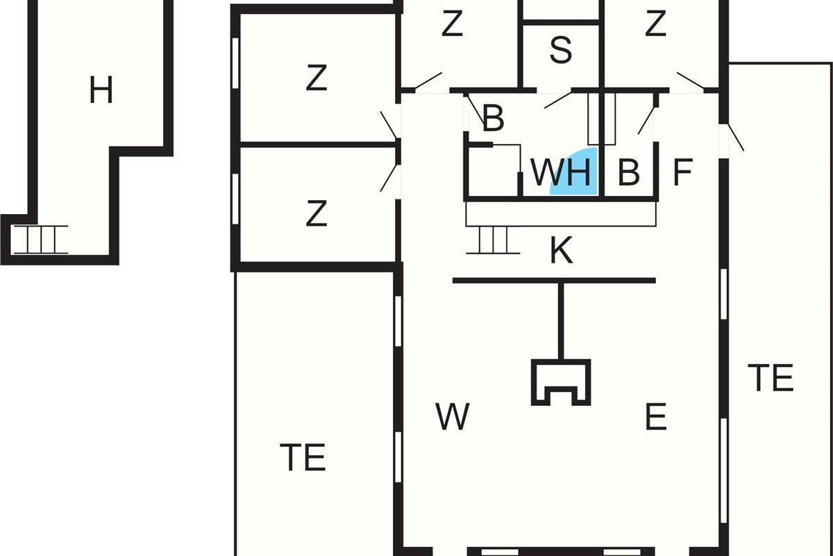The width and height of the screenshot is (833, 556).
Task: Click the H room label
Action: point(101,90)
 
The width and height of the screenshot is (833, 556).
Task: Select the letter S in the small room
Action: point(560,50)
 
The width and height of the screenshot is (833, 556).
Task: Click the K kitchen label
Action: point(561,251)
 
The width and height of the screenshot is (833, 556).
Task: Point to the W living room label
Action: point(453,417)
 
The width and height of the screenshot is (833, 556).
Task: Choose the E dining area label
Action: point(655,417)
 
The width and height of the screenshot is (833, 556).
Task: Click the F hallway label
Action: point(683,173)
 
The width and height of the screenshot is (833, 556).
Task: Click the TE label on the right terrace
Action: point(771,378)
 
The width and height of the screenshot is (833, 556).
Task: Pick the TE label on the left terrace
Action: point(303,458)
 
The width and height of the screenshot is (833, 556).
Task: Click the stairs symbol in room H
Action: point(40,240)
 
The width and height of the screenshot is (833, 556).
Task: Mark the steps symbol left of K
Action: point(493,240)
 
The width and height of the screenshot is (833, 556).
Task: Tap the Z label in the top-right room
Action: point(655,24)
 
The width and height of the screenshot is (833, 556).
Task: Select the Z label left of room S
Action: point(452,25)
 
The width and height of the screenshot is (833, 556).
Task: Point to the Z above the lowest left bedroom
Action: point(316,79)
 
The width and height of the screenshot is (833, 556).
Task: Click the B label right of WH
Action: point(628,173)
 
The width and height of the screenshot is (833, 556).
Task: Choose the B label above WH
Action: point(492,120)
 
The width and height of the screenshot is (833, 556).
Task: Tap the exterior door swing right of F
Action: point(734,137)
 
